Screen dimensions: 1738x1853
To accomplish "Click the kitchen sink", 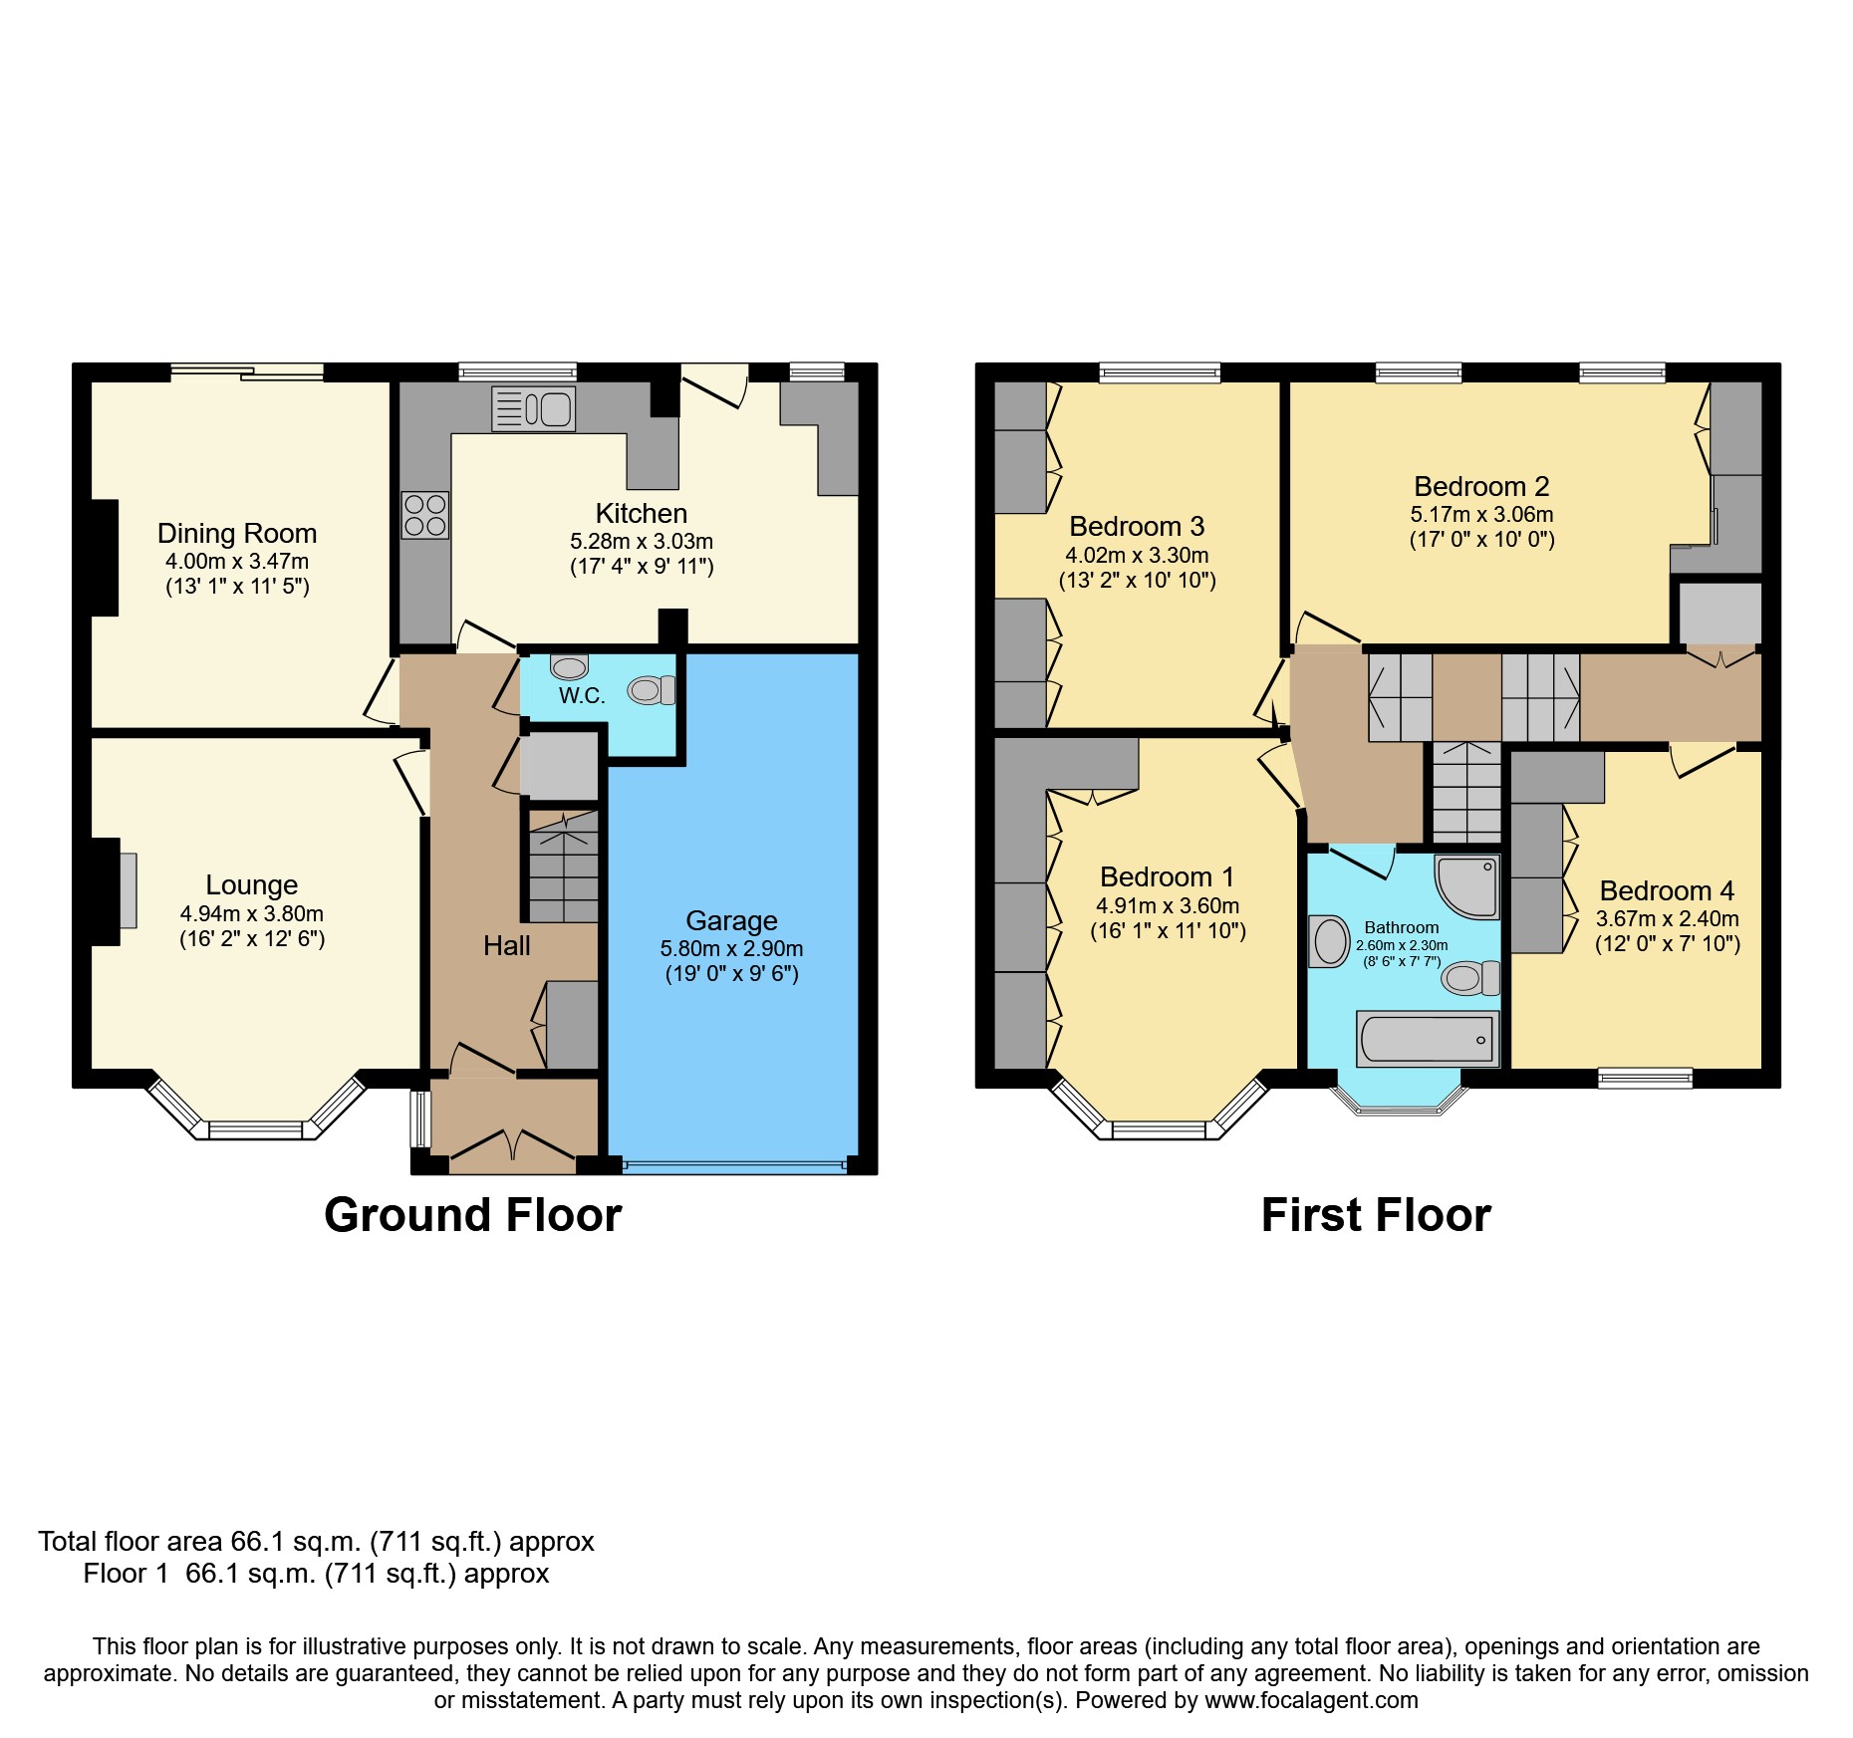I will pos(533,409).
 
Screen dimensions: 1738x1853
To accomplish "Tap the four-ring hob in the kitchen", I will pos(425,515).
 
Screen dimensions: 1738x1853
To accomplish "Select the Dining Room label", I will pos(237,534).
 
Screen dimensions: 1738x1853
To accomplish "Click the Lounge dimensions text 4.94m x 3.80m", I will pos(251,913).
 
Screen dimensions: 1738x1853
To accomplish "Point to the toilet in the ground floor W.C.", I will pos(652,689).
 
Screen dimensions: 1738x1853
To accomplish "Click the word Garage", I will pos(731,920).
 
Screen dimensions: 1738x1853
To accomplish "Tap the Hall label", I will pos(506,945).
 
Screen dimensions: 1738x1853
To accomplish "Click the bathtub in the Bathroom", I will pos(1428,1039).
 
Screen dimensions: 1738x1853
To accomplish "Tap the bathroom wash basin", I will pos(1329,941).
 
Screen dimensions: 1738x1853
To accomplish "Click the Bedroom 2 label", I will pos(1481,486).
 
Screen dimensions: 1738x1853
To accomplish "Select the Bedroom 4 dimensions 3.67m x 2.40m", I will pos(1667,918).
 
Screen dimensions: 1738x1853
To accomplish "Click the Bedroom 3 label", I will pos(1137,526).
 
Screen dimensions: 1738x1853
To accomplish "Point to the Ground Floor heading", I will pos(472,1215).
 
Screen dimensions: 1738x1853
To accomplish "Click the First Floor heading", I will pos(1376,1215).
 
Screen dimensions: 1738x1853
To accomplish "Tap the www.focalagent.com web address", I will pos(1311,1700).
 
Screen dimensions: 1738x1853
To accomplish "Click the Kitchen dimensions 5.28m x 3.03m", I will pos(641,541).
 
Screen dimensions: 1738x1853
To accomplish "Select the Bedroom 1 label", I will pos(1167,876).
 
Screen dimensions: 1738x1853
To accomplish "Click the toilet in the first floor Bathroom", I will pos(1469,978).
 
